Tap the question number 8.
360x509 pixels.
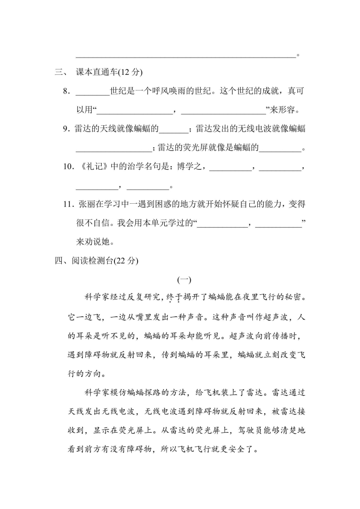coord(66,91)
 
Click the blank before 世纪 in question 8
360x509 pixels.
coord(93,91)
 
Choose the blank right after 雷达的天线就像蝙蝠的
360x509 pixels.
coord(173,129)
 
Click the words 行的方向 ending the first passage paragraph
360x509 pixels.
coord(86,374)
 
